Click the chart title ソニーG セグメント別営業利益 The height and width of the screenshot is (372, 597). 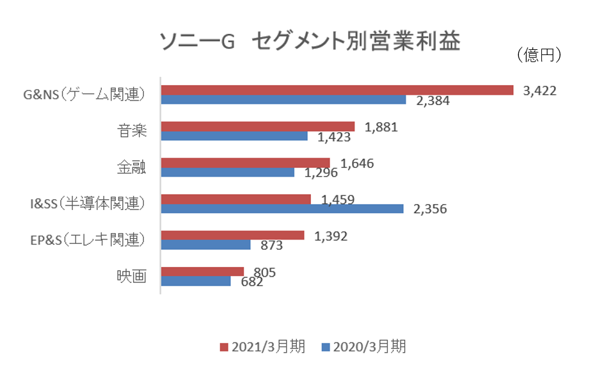310,42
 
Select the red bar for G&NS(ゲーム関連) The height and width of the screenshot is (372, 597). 337,90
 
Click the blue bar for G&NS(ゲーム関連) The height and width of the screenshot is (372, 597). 283,100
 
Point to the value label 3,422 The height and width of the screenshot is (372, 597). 539,90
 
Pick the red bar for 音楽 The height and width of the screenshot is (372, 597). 257,126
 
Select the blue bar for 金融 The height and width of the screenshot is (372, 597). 227,172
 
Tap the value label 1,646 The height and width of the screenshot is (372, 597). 357,163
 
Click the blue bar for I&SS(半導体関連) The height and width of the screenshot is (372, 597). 282,209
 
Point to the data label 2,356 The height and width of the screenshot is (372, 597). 430,209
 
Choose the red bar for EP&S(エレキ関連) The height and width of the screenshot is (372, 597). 232,235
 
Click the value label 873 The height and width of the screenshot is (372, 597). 271,246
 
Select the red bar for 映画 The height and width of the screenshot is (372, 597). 202,271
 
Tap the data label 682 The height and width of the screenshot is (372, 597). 250,282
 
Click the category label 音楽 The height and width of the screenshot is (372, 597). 132,131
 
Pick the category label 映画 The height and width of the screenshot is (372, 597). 132,277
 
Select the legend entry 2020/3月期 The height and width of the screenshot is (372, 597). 363,346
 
